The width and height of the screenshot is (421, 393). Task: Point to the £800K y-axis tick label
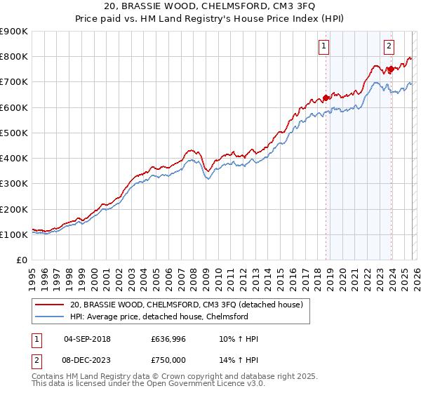pyautogui.click(x=14, y=57)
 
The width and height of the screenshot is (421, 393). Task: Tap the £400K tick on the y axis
pyautogui.click(x=14, y=159)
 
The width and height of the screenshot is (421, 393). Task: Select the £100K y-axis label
pyautogui.click(x=14, y=235)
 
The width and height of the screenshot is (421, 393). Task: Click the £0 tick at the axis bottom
pyautogui.click(x=21, y=260)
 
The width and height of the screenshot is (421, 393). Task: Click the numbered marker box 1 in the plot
pyautogui.click(x=325, y=47)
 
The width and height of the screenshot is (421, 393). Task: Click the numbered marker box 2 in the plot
pyautogui.click(x=389, y=47)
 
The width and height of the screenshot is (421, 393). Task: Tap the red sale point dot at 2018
pyautogui.click(x=326, y=98)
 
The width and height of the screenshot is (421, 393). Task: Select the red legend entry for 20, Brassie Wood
pyautogui.click(x=186, y=305)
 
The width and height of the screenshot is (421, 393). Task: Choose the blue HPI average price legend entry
pyautogui.click(x=168, y=317)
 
